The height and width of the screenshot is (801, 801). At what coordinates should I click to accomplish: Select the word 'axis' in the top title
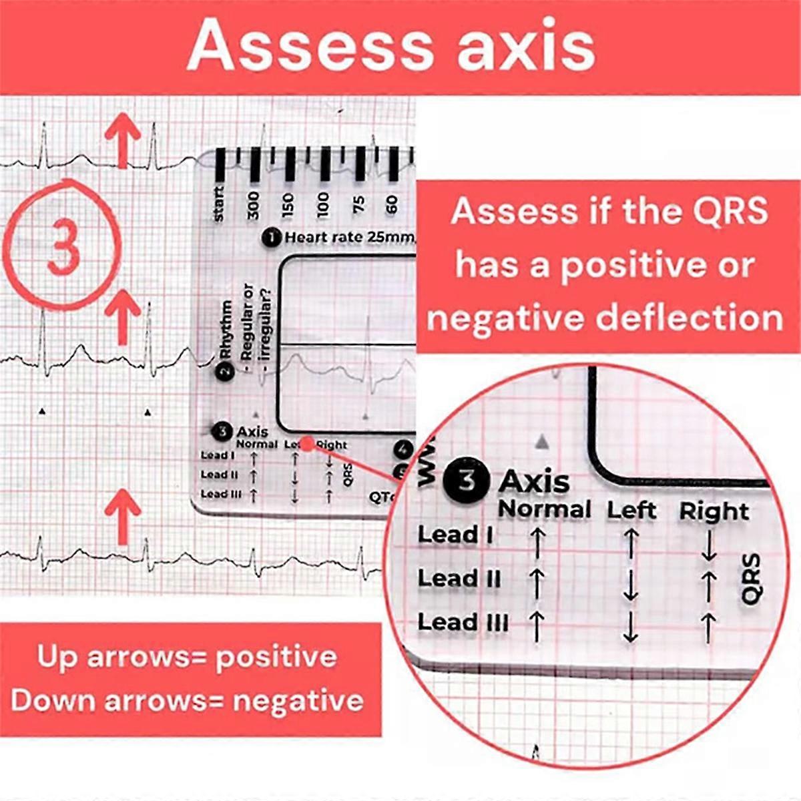coord(527,47)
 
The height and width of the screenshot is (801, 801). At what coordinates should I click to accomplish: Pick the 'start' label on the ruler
coord(218,204)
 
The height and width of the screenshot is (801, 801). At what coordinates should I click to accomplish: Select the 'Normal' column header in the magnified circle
coord(545,510)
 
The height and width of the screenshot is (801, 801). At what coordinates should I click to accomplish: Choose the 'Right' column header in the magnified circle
coord(714,512)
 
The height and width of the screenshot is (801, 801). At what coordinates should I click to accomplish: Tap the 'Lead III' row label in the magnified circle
coord(463,623)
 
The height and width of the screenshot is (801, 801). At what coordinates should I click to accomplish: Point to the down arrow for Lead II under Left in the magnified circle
coord(630,585)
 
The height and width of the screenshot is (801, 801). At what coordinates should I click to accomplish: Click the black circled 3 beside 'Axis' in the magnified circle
coord(467,481)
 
